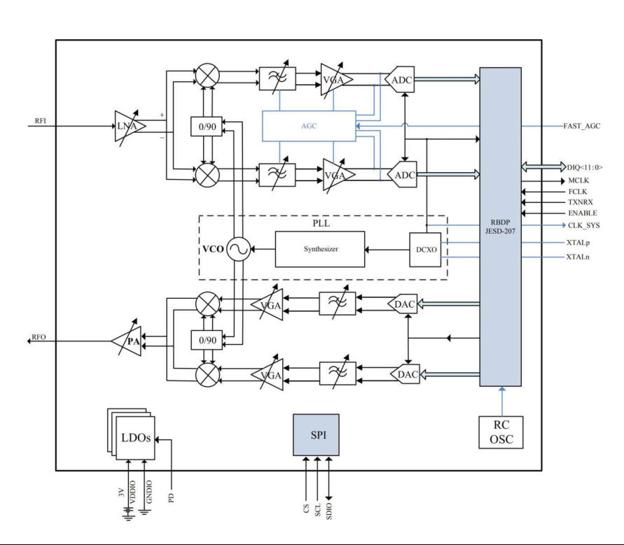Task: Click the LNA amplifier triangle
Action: point(130,126)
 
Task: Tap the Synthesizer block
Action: point(321,249)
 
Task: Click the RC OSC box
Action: point(500,432)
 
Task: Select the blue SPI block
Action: point(319,434)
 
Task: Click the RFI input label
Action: point(41,120)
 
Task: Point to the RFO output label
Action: point(39,337)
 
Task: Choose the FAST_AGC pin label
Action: point(582,126)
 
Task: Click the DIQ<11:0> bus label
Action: point(585,167)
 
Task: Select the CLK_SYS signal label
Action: point(583,225)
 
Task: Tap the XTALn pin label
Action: point(578,257)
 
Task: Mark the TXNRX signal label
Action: point(581,201)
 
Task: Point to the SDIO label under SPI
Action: point(330,507)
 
